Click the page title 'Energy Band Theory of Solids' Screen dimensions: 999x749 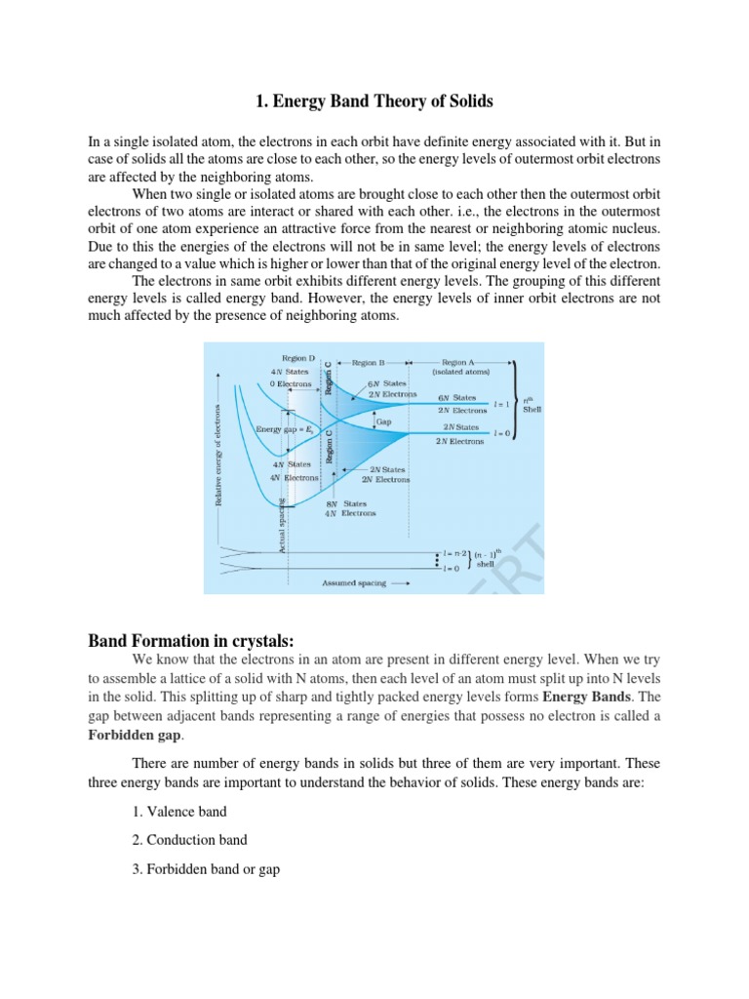(374, 100)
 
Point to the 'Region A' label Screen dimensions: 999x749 (460, 361)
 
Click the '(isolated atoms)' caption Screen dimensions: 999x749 (461, 372)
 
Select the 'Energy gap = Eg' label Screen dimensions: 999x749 (283, 429)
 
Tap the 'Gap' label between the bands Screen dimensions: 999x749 (383, 422)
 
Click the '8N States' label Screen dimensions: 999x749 (345, 503)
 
